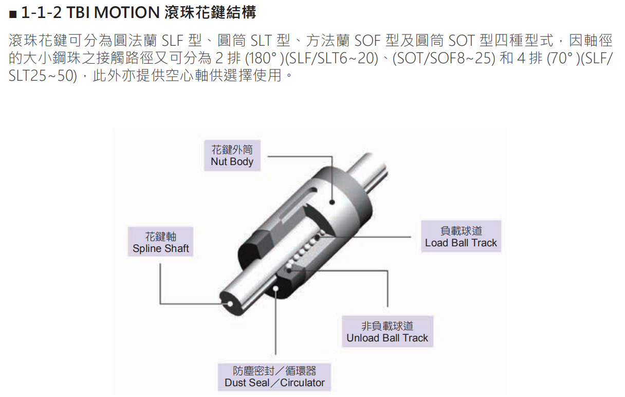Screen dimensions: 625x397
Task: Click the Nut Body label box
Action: [232, 155]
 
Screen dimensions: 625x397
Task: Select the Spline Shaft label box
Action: [160, 242]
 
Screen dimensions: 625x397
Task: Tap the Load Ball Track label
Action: [461, 237]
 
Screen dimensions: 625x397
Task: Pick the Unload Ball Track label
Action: [387, 331]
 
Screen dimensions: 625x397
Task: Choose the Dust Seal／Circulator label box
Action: [274, 377]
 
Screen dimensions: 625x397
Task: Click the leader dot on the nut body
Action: [332, 202]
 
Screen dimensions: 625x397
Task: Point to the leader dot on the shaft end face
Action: [230, 304]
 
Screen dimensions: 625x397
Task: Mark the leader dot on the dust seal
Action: [275, 288]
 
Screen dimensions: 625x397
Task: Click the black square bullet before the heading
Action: [13, 14]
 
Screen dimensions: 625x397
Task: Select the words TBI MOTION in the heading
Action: [113, 12]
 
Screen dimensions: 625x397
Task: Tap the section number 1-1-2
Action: [41, 12]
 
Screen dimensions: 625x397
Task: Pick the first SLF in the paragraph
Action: [172, 41]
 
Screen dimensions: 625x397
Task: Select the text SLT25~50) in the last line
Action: [43, 76]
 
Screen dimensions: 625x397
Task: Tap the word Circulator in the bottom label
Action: [302, 383]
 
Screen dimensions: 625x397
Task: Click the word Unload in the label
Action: [362, 338]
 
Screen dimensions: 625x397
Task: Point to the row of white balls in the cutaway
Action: [305, 251]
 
